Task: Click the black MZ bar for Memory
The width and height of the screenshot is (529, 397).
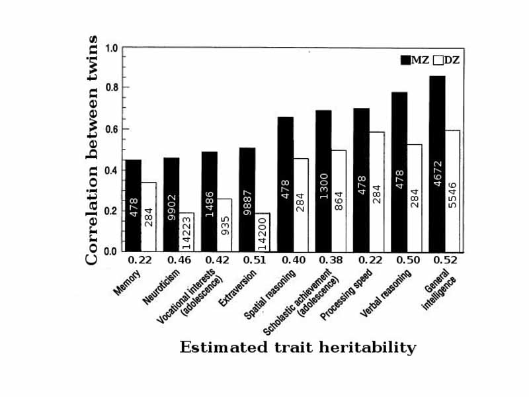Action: tap(134, 205)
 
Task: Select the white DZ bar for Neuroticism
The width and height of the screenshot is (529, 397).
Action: tap(187, 232)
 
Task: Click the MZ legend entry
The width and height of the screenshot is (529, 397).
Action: tap(413, 60)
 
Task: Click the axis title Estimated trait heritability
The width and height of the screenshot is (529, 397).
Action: tap(298, 347)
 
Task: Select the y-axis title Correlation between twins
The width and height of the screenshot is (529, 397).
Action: tap(92, 150)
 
